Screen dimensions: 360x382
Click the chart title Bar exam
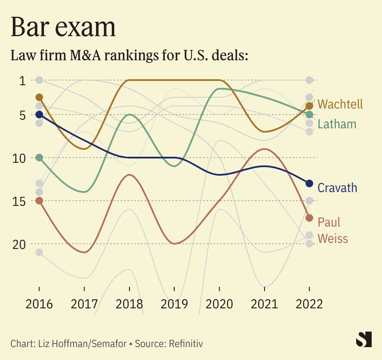(63, 27)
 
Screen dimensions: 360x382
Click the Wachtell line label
(340, 104)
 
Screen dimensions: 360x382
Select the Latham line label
(337, 124)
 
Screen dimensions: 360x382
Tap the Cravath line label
(337, 187)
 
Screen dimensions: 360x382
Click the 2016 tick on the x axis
(39, 304)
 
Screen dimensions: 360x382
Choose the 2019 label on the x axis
(174, 304)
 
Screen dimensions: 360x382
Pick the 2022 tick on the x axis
(309, 304)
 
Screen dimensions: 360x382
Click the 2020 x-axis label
(219, 304)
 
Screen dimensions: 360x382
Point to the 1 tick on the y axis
(22, 80)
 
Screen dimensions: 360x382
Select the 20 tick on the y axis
(20, 244)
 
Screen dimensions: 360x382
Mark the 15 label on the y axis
(20, 201)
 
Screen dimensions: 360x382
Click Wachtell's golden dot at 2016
(39, 98)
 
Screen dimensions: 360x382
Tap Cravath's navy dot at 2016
(39, 115)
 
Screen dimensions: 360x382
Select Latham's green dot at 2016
(39, 157)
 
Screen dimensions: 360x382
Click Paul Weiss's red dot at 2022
(309, 218)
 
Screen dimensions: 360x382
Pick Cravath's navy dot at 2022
(309, 184)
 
